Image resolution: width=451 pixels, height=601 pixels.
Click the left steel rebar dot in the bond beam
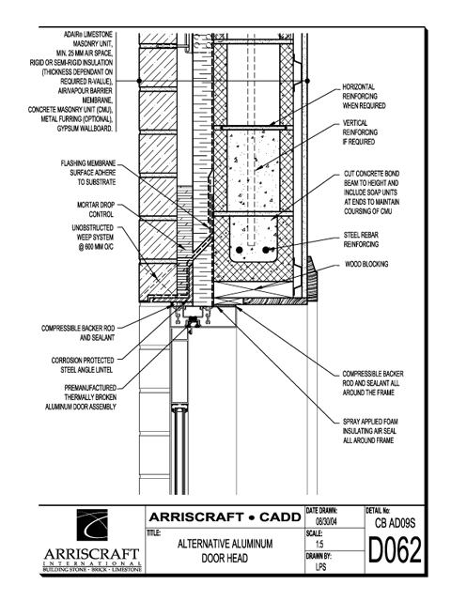(x=240, y=251)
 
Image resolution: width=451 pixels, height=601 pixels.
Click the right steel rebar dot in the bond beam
(x=265, y=251)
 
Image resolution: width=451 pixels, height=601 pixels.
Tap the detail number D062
(x=395, y=550)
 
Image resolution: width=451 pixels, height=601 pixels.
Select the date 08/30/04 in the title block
(x=326, y=521)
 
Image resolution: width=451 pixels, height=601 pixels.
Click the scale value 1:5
(x=319, y=544)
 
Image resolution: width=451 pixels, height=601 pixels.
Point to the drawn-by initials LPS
(x=320, y=566)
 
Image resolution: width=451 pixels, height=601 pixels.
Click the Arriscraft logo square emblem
(x=92, y=525)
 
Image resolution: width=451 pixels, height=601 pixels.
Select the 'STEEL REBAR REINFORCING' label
(x=361, y=239)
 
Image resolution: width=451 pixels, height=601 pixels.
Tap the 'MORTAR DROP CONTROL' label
(x=96, y=209)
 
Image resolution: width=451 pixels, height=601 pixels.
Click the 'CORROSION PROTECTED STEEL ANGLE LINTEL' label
(x=83, y=365)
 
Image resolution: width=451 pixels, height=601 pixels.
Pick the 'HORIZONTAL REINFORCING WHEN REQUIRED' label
(x=364, y=96)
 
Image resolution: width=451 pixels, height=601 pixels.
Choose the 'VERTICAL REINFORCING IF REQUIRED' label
(x=360, y=132)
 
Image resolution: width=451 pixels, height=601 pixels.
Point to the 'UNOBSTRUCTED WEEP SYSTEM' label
(x=92, y=238)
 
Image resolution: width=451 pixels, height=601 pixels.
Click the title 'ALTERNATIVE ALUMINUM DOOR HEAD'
(x=225, y=551)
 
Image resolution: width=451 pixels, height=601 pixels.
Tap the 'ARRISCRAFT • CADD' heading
(x=225, y=517)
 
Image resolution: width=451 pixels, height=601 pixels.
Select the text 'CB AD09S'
(x=395, y=523)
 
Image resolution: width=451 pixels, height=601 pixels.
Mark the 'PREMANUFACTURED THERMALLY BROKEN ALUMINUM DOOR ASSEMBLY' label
(x=81, y=397)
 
